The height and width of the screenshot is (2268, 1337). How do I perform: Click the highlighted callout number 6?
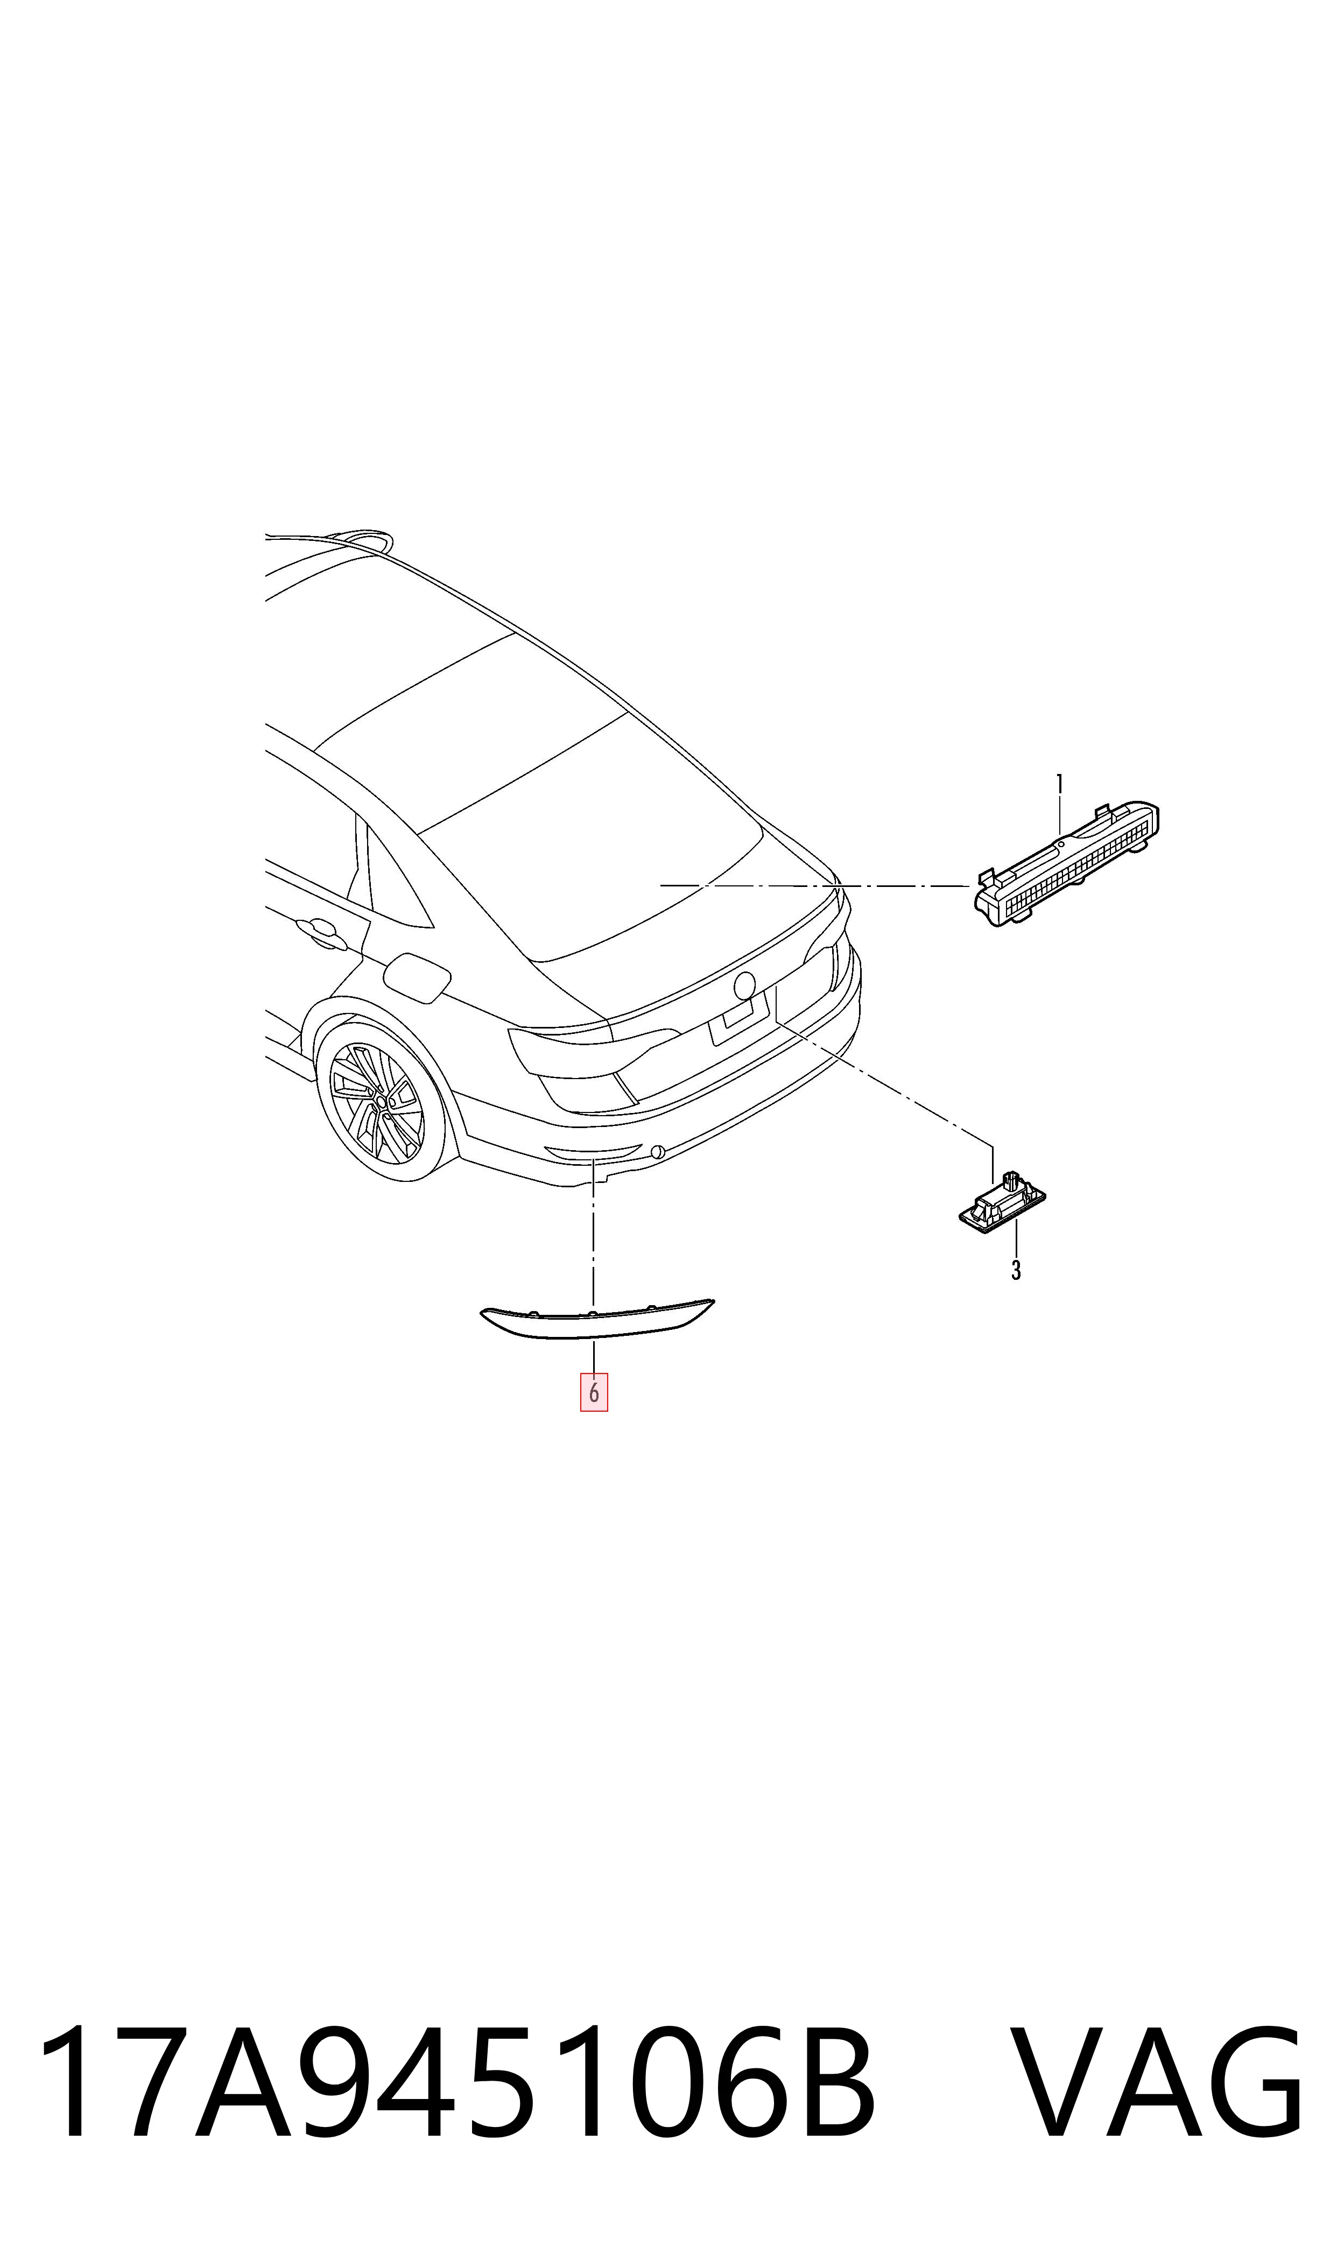click(594, 1392)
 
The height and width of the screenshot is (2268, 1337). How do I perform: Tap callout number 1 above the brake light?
click(1059, 784)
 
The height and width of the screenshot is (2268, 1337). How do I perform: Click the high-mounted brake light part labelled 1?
click(1067, 863)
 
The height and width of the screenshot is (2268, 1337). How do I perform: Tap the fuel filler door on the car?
click(416, 977)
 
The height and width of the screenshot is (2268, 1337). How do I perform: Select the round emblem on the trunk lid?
click(745, 985)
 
